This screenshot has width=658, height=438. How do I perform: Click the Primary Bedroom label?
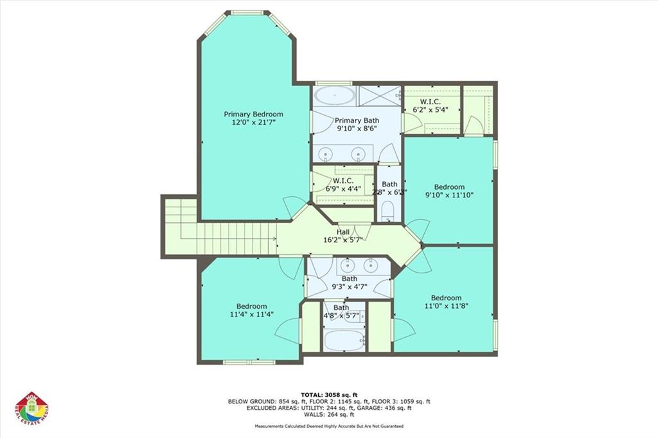[x=253, y=118]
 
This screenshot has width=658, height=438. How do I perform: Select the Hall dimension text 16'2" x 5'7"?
[x=343, y=240]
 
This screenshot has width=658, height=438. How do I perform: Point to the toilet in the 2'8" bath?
[x=387, y=212]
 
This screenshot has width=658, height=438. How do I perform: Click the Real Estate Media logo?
[x=31, y=408]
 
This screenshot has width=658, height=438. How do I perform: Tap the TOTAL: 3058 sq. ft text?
[x=328, y=394]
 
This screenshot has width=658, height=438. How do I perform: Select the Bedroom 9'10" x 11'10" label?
[x=449, y=192]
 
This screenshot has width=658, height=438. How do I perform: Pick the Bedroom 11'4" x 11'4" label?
[x=251, y=310]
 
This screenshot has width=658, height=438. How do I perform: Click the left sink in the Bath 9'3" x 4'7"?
[x=347, y=264]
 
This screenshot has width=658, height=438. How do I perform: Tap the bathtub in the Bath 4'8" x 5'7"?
[x=344, y=340]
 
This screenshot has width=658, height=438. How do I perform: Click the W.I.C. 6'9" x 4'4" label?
[x=341, y=185]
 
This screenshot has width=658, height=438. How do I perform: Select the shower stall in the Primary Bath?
[x=379, y=96]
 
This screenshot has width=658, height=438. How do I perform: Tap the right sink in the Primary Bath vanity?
[x=359, y=153]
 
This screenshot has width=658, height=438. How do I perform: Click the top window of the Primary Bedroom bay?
[x=247, y=12]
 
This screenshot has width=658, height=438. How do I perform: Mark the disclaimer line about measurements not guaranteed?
[x=328, y=426]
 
